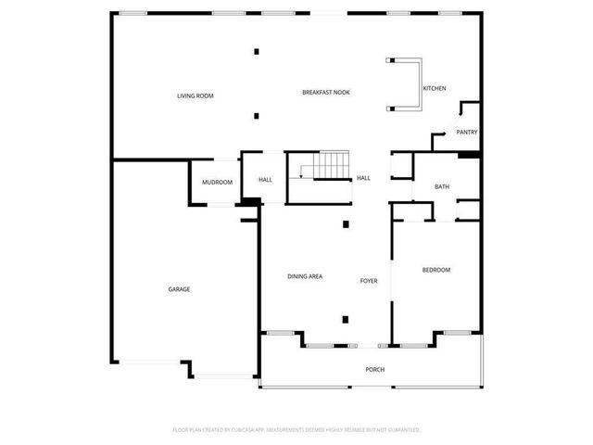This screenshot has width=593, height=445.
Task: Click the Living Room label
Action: [196, 95]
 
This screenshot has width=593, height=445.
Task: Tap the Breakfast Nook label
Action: [326, 92]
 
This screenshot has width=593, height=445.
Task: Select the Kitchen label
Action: [435, 88]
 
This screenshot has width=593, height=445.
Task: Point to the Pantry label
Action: [466, 133]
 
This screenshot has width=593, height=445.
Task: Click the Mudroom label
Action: [217, 182]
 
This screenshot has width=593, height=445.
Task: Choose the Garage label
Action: [179, 289]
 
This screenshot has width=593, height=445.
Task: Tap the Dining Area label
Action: [305, 277]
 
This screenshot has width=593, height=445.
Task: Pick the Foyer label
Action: [368, 280]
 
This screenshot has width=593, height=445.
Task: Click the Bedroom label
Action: [435, 270]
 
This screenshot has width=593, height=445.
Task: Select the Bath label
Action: [442, 187]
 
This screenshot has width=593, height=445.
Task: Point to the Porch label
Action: [374, 370]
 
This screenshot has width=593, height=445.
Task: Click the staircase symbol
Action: [325, 168]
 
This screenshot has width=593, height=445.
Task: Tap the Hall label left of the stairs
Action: [265, 180]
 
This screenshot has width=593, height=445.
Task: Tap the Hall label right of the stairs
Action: [364, 178]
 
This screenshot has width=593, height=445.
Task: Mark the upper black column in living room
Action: [257, 51]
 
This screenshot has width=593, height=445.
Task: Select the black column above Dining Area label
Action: [346, 223]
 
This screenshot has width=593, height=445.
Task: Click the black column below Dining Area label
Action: [346, 319]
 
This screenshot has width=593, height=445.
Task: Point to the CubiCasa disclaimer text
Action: [296, 430]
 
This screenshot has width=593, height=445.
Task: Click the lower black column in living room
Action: [257, 116]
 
